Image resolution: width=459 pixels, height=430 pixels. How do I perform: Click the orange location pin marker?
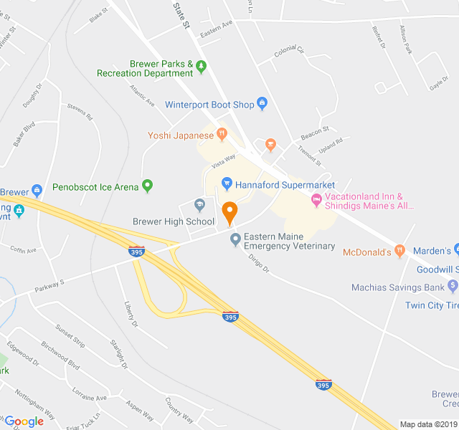229,212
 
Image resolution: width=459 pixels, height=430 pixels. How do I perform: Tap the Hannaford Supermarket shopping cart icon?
227,184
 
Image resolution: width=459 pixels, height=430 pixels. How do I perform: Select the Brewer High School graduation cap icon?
200,206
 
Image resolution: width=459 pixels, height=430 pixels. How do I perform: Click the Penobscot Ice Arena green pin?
148,186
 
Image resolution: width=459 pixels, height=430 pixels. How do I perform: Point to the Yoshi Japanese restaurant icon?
222,133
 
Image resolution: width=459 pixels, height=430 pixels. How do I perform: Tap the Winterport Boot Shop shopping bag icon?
262,105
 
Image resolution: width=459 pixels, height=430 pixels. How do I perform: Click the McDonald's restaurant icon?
399,252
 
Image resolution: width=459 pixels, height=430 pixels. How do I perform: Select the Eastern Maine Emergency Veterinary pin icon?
235,239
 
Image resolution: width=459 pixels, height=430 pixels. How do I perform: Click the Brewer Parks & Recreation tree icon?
202,67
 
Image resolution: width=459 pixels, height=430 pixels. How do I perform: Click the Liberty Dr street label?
130,314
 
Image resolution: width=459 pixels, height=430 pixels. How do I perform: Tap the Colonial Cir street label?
289,52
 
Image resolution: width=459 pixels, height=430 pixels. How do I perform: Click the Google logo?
24,421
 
